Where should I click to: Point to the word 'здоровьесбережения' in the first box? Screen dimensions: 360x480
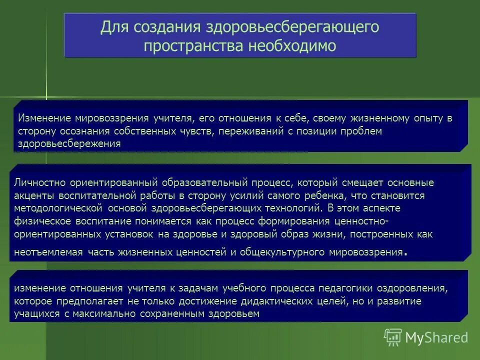(70, 143)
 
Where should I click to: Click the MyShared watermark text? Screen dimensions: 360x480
(437, 337)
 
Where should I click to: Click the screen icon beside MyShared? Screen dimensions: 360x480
(393, 337)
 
